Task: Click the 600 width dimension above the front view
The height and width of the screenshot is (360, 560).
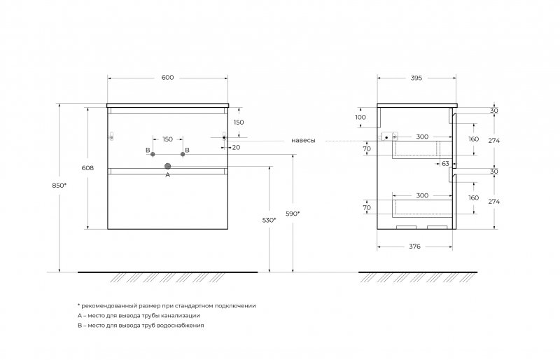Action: coord(167,78)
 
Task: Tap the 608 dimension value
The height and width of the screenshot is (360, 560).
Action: coord(87,168)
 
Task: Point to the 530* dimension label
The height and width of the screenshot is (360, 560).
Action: coord(269,220)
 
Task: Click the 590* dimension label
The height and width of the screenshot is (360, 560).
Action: coord(293,213)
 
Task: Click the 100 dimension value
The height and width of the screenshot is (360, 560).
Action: coord(360,117)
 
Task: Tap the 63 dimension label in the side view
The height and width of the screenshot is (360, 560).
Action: coord(445,163)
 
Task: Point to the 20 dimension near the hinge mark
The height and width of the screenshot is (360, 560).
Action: coord(236,147)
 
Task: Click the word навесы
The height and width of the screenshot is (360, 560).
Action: coord(303,141)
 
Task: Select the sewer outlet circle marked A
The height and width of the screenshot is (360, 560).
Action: coord(167,166)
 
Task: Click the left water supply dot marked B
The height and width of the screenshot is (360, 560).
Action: coord(153,153)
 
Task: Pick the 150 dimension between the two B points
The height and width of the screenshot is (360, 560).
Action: coord(167,139)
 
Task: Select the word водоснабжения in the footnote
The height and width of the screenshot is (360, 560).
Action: coord(179,326)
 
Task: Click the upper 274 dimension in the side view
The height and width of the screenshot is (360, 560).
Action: coord(494,140)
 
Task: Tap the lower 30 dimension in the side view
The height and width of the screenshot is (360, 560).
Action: coord(494,172)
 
